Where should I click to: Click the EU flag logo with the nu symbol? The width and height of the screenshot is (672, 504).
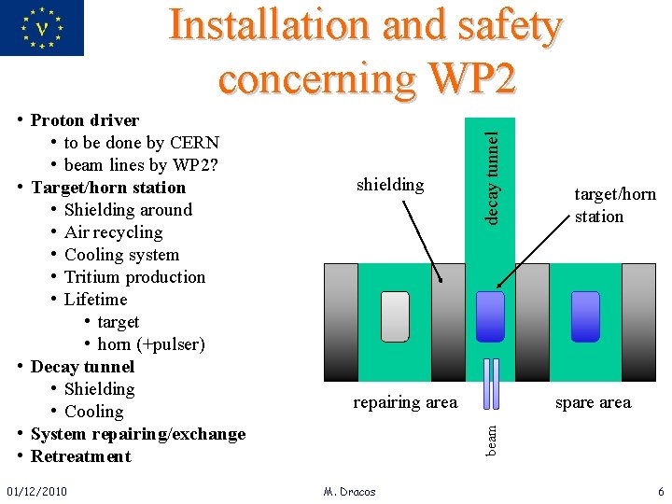pos(42,27)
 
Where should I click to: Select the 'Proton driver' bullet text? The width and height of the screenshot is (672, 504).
pos(84,120)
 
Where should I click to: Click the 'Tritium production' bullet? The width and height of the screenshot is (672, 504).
pos(134,277)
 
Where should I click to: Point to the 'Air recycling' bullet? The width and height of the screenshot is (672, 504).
pos(113,232)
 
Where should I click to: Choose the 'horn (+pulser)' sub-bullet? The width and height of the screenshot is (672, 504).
pos(150,344)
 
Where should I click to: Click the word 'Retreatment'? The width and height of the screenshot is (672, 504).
pos(80,456)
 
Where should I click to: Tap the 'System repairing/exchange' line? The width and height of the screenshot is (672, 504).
pos(137,434)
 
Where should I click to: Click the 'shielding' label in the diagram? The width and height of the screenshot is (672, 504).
pos(390,185)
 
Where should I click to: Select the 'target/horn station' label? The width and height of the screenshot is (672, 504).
pos(614,205)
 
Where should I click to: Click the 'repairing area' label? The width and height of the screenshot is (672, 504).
pos(405,402)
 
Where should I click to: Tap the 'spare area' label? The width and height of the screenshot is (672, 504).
pos(593,402)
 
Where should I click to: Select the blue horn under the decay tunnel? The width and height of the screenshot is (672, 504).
pos(490,316)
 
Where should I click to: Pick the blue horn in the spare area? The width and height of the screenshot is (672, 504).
pos(585,316)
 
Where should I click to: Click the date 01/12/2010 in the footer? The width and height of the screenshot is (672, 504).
pos(36,491)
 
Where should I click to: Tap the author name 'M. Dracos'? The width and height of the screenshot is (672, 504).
pos(349,491)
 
